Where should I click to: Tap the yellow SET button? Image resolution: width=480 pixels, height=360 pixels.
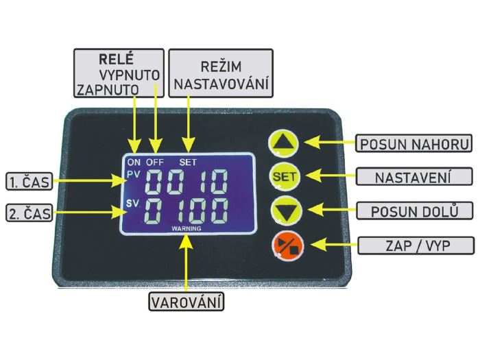(x=284, y=177)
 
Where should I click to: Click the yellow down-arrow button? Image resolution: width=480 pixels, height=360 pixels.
(x=286, y=211)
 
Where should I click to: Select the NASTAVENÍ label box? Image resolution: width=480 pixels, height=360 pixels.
(x=414, y=176)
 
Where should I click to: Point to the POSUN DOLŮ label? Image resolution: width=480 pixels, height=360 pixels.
(x=414, y=211)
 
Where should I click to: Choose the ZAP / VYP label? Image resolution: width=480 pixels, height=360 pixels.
(x=416, y=245)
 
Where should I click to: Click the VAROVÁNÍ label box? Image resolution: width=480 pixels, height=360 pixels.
(x=186, y=302)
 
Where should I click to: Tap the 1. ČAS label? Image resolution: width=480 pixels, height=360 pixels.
(x=29, y=181)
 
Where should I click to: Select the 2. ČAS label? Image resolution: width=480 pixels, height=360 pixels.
(x=29, y=213)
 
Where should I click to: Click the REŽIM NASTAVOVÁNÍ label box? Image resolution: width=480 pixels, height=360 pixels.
(x=221, y=73)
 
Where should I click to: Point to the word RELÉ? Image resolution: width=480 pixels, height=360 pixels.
(x=116, y=59)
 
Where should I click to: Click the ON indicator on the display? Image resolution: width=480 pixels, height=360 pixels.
(x=134, y=162)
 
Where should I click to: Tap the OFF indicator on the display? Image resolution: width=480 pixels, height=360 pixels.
(x=154, y=162)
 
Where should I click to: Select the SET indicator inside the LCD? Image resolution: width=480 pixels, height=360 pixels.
(x=188, y=162)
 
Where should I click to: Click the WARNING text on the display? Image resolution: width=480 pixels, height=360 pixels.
(x=186, y=228)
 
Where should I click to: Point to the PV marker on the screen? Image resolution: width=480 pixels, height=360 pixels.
(x=134, y=174)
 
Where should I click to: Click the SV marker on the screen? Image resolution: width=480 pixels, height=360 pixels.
(x=132, y=203)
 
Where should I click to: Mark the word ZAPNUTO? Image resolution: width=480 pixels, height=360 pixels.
(x=108, y=90)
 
